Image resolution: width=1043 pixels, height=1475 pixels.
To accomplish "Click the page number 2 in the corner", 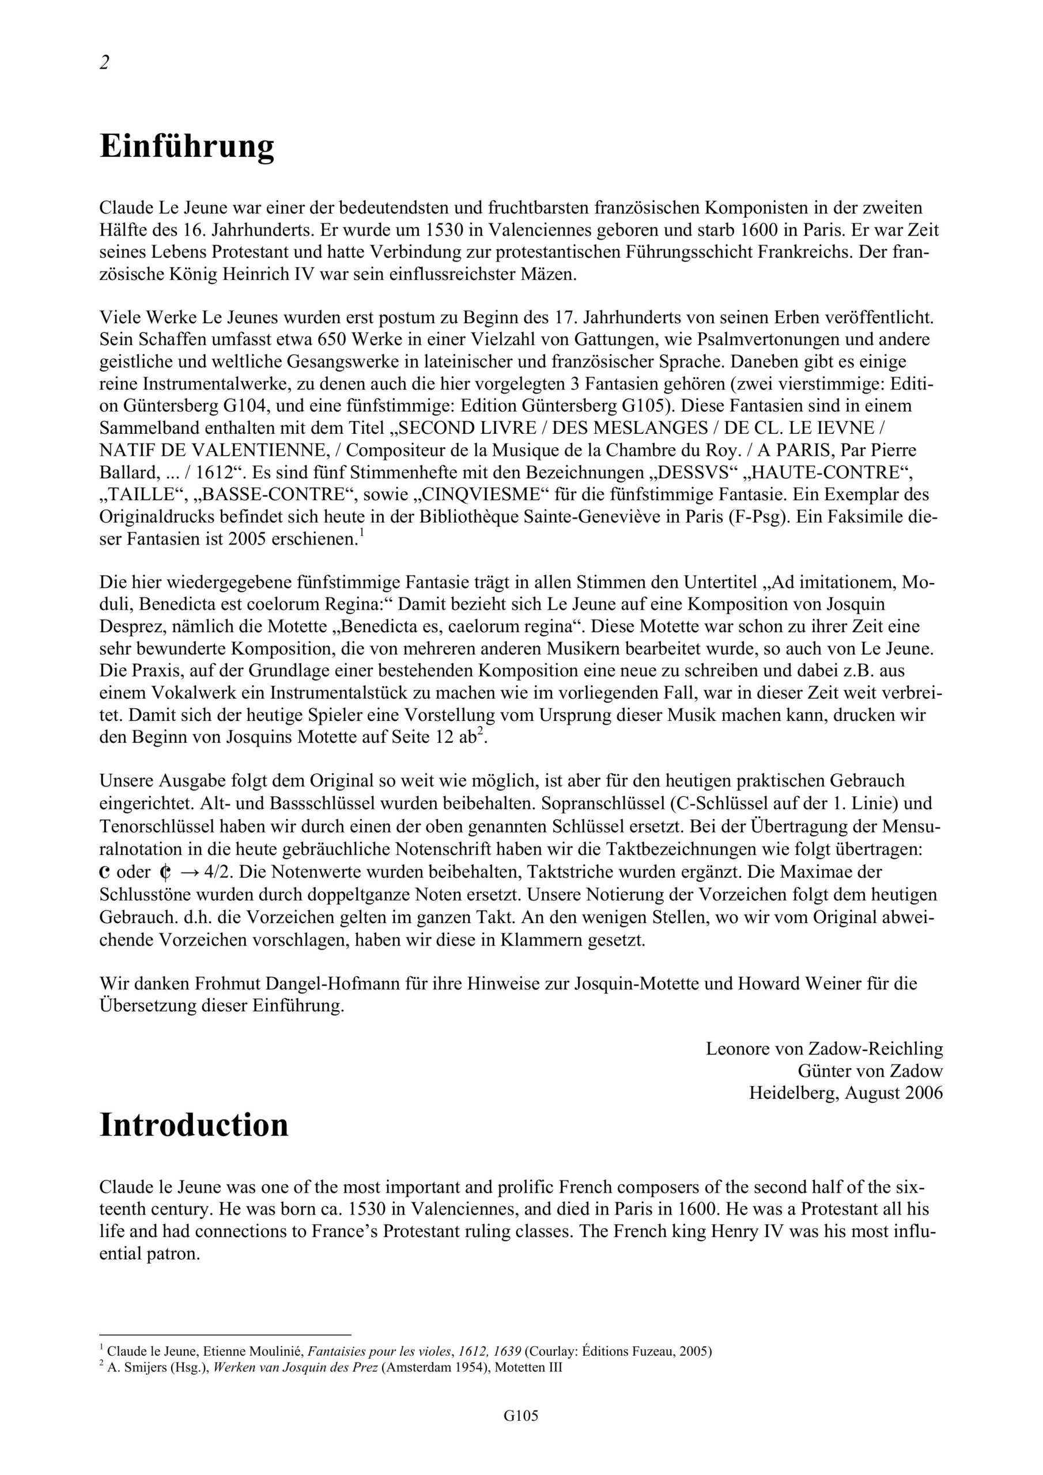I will click(x=105, y=63).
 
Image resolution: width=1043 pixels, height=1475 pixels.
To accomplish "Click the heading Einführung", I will click(x=187, y=146).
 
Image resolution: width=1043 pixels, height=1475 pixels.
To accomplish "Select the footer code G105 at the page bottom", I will click(x=520, y=1434).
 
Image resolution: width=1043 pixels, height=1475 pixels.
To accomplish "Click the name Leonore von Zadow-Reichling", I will click(x=824, y=1049).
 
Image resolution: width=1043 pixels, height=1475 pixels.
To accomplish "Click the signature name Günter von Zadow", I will click(x=870, y=1071).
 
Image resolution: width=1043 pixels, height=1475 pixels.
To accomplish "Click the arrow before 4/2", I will click(x=188, y=872).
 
